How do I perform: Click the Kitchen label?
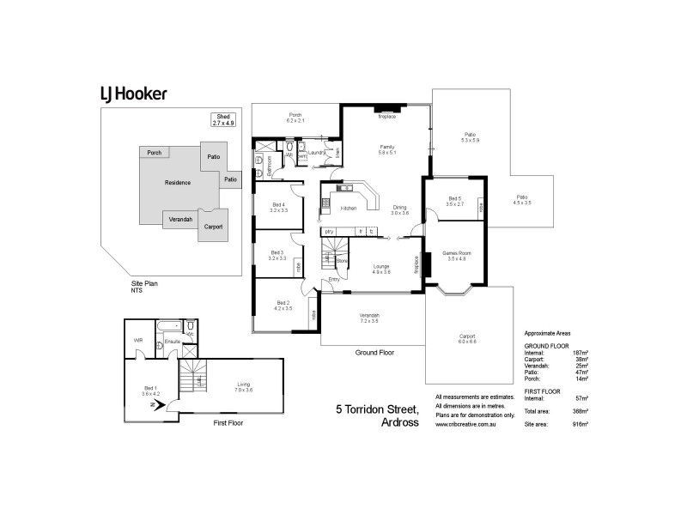[x=349, y=209]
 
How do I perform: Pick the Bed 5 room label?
[x=455, y=201]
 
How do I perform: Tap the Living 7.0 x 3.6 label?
[x=243, y=388]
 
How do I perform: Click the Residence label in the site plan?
[x=178, y=183]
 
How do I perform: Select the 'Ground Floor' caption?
[x=374, y=353]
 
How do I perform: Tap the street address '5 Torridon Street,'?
[x=377, y=409]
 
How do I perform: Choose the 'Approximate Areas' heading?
[x=547, y=333]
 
